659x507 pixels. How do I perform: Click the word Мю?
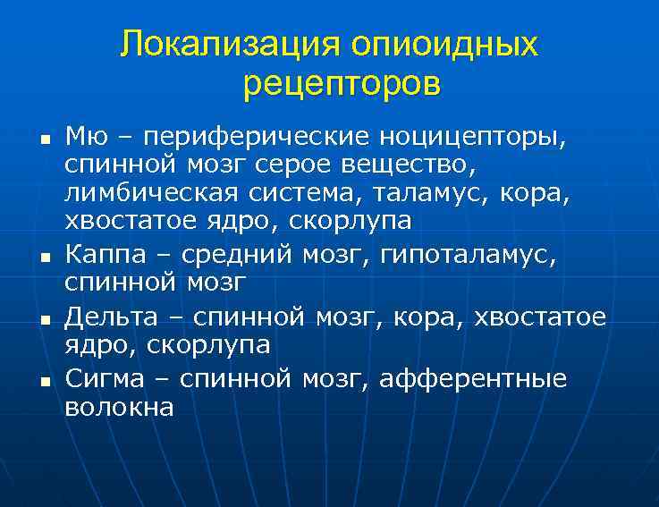tap(88, 137)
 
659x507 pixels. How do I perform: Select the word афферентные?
tap(474, 379)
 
